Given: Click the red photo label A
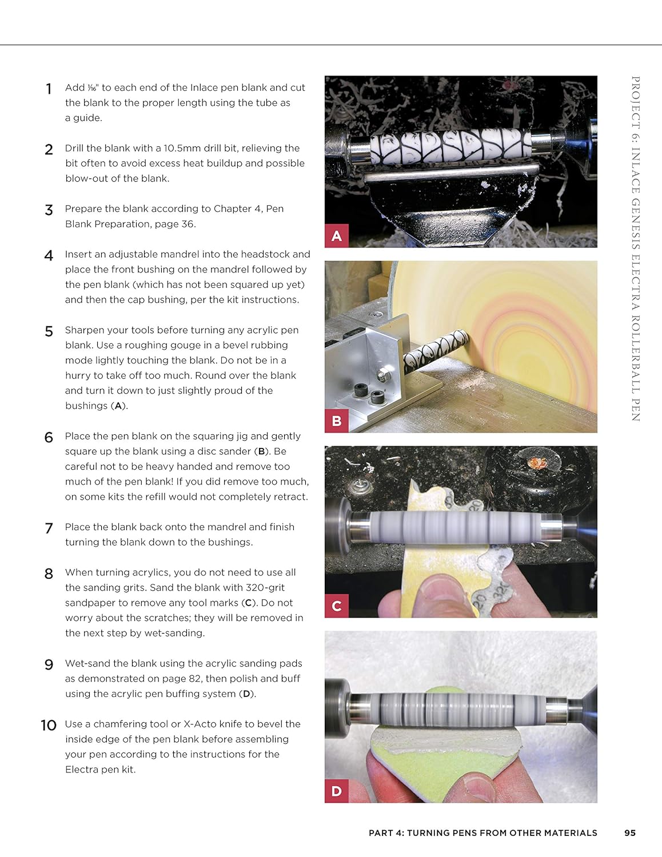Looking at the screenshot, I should pos(337,235).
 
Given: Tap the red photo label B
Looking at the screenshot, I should pos(337,421).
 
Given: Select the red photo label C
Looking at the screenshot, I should pos(337,606).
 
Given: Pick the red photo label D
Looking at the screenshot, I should pos(337,791).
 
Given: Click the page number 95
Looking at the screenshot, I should pos(629,833).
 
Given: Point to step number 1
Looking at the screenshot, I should pos(49,89).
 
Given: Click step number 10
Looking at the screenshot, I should pos(49,726).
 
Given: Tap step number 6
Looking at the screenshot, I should pos(49,438).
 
